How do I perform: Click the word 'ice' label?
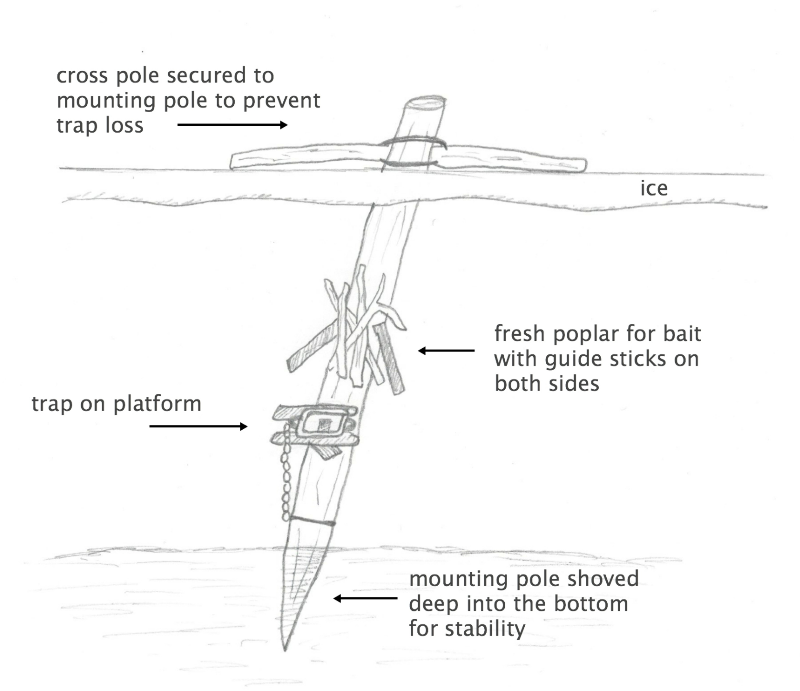coord(654,188)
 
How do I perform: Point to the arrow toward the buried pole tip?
coord(365,598)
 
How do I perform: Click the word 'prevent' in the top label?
coord(282,101)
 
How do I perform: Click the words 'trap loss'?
coord(100,126)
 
